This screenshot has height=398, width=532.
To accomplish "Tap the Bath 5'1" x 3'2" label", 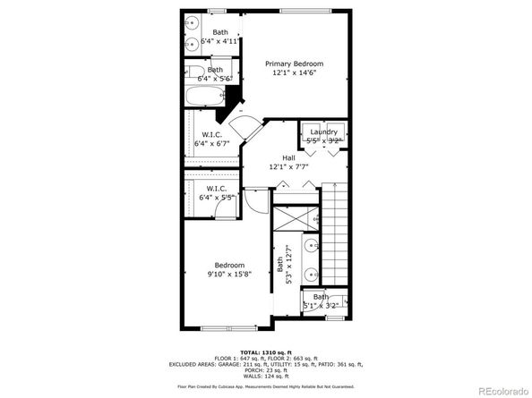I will [321, 301].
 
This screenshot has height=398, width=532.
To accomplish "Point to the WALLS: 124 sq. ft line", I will [266, 377].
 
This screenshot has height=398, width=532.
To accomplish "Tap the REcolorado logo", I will [502, 389].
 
